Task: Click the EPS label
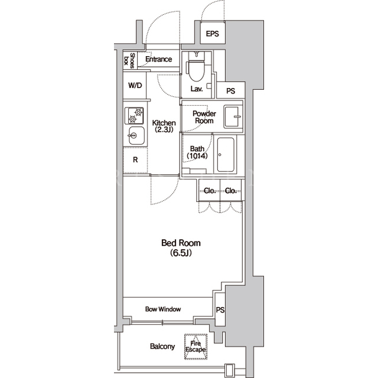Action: click(x=213, y=34)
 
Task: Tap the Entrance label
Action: click(x=159, y=59)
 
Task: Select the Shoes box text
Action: click(x=129, y=60)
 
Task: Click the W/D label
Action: click(x=135, y=85)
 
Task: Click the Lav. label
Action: click(x=197, y=89)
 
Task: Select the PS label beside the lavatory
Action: click(x=231, y=91)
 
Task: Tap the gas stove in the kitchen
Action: click(x=134, y=116)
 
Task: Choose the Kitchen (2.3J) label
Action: click(x=164, y=126)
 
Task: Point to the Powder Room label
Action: click(x=204, y=117)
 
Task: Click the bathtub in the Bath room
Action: click(x=226, y=155)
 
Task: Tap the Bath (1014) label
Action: click(x=197, y=152)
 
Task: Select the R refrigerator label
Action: click(x=135, y=159)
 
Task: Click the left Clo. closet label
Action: click(x=210, y=191)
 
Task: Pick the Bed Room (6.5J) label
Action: click(x=181, y=247)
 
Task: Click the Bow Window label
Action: click(x=163, y=309)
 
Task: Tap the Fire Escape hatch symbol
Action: click(x=195, y=347)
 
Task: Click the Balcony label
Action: click(x=162, y=347)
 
